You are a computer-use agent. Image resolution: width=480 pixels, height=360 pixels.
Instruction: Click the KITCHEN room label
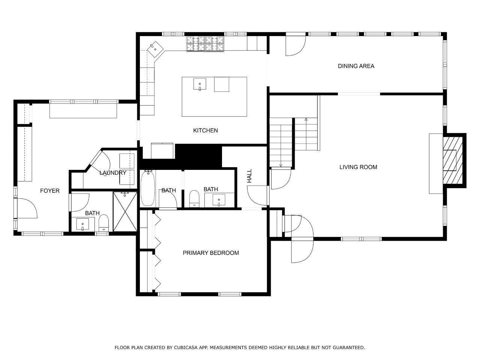(205, 130)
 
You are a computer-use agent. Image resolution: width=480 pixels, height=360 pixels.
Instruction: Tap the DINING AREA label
(356, 66)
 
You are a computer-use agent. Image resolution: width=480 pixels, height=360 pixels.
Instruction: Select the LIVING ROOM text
(358, 167)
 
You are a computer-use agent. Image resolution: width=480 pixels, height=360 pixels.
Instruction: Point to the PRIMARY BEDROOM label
(211, 253)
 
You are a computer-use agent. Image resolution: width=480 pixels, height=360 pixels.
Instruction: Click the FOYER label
(50, 191)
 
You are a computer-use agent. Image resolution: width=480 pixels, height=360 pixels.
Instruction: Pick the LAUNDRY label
(113, 173)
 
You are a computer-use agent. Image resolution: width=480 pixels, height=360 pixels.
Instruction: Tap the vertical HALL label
(249, 176)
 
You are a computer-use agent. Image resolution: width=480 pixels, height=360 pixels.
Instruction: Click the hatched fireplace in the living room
(453, 160)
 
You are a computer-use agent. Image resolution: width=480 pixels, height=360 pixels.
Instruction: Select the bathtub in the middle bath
(148, 188)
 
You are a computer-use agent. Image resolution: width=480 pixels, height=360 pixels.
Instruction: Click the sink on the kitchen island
(199, 84)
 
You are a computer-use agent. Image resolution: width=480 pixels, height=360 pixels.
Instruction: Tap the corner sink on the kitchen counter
(156, 49)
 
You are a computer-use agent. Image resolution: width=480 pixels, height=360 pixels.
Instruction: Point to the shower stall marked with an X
(125, 211)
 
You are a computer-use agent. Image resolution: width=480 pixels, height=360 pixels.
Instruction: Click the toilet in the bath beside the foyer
(103, 223)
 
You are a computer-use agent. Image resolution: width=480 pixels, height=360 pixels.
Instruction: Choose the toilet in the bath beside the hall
(194, 198)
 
